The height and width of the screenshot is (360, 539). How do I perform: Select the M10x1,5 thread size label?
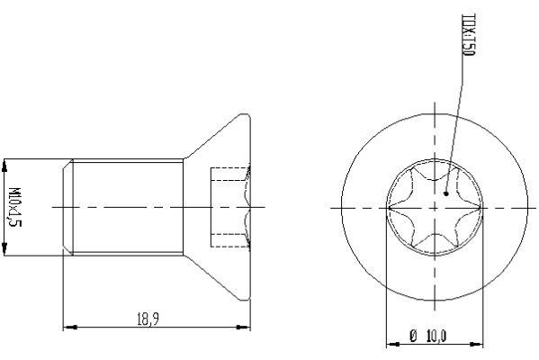click(14, 207)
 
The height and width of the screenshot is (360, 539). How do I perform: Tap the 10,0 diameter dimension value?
click(436, 336)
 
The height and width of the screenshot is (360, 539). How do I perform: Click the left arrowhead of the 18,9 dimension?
click(69, 326)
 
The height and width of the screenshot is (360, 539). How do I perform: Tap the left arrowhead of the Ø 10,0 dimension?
click(391, 345)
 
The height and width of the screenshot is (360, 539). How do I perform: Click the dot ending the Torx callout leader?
click(446, 191)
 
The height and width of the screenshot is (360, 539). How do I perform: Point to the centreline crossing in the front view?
click(434, 207)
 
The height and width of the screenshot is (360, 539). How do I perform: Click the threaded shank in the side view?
click(126, 207)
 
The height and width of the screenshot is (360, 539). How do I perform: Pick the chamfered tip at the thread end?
click(67, 207)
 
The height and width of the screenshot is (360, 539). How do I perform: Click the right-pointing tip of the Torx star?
click(479, 207)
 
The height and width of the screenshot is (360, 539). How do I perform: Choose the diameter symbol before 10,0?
click(412, 336)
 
